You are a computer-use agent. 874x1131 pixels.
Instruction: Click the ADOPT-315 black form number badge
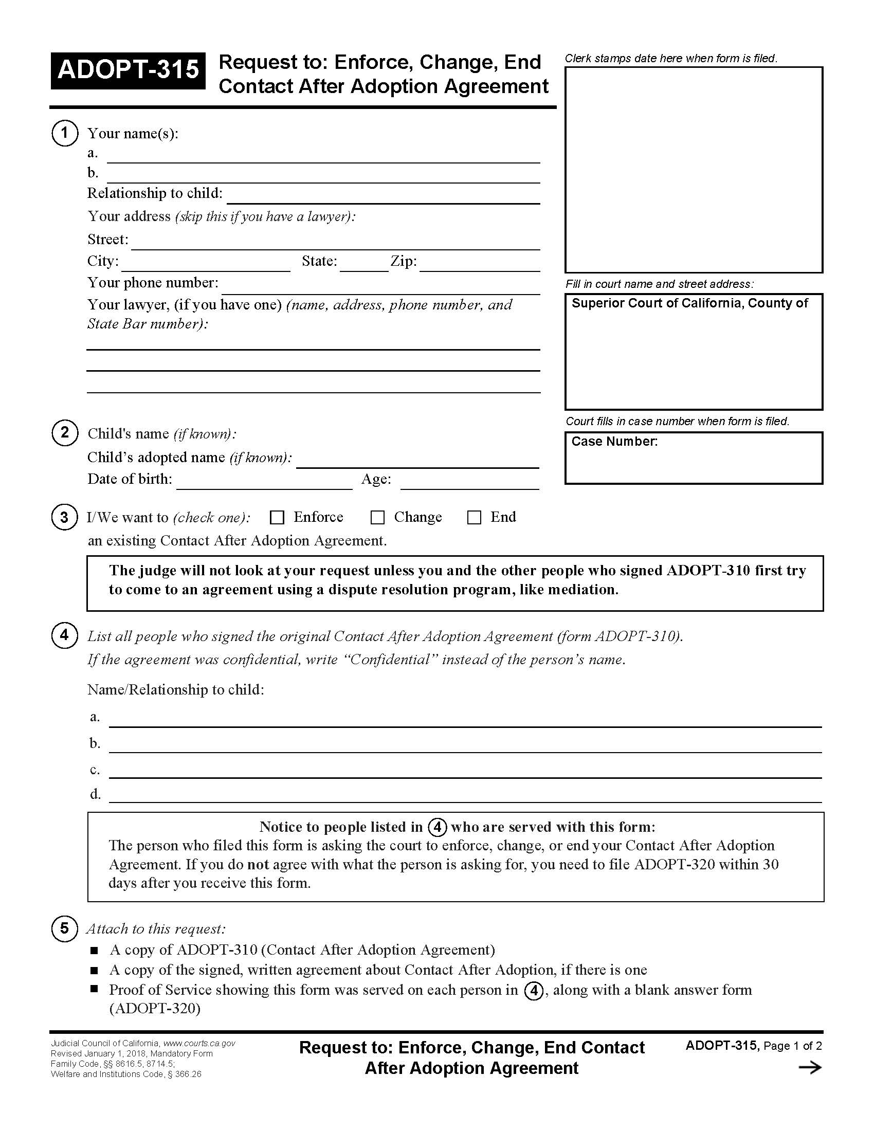point(128,70)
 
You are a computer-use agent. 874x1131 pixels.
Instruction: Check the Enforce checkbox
point(278,517)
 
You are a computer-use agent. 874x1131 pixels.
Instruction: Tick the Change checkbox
point(377,517)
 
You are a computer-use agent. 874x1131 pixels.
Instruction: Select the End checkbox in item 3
point(475,517)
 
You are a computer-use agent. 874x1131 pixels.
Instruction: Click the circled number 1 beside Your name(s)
point(64,133)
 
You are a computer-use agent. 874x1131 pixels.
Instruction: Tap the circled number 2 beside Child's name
point(64,432)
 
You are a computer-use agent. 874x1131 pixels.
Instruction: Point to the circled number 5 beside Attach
point(64,928)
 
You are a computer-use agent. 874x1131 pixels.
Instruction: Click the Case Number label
point(614,441)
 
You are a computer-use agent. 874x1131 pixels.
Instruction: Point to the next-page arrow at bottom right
point(810,1067)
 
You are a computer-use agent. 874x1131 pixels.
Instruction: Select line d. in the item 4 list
point(465,796)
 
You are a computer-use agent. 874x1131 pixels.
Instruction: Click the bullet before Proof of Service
point(94,989)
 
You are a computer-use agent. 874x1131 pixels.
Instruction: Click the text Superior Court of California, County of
point(689,303)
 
